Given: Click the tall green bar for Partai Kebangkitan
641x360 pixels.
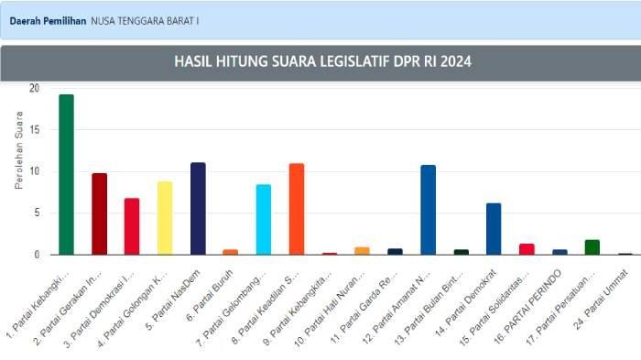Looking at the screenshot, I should tap(66, 174).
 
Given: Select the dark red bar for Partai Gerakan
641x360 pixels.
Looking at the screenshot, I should tap(99, 213).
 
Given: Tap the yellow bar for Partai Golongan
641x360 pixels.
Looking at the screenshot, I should tap(165, 218).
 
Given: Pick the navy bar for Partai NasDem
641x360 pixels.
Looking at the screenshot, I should tap(198, 209).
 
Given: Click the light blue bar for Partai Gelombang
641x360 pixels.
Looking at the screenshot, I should tap(264, 220).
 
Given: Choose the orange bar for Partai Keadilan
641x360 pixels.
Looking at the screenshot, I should tap(296, 209).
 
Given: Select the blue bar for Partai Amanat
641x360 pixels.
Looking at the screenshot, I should tap(428, 210).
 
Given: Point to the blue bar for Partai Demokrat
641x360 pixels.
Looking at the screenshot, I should tap(494, 229).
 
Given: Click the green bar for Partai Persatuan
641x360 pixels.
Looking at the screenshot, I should tap(592, 247).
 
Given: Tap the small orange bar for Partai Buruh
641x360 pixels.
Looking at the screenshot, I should tap(231, 252).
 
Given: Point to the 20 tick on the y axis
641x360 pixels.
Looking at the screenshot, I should tap(34, 89).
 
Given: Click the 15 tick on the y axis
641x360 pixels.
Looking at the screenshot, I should tap(34, 130).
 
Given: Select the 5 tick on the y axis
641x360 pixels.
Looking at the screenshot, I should tap(36, 213).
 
